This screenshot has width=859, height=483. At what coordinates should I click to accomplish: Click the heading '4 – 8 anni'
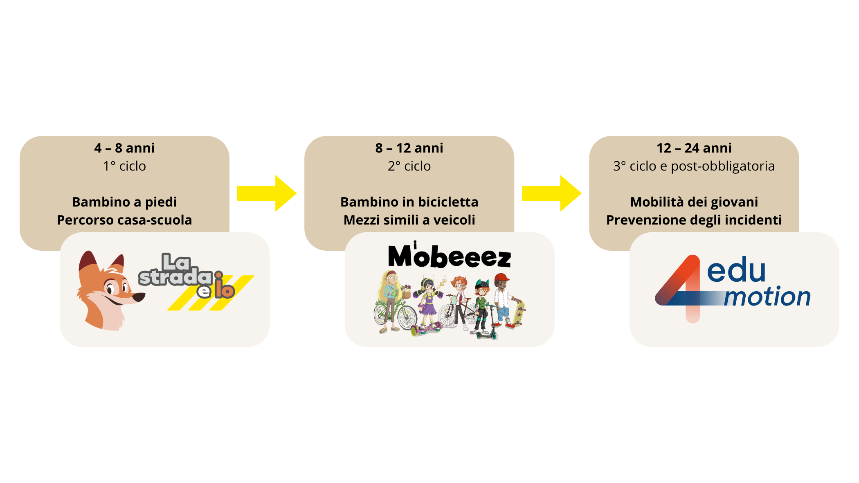pyautogui.click(x=124, y=148)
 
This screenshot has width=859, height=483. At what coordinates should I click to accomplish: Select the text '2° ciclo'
pyautogui.click(x=409, y=166)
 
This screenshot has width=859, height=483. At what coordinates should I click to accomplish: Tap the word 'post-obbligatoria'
pyautogui.click(x=723, y=166)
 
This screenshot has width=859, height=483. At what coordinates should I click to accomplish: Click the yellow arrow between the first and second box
pyautogui.click(x=266, y=193)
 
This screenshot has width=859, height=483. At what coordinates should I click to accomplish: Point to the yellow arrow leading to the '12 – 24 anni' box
pyautogui.click(x=551, y=193)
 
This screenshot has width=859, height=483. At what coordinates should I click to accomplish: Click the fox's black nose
pyautogui.click(x=140, y=297)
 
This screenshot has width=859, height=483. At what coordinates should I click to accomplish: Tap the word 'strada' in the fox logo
pyautogui.click(x=175, y=277)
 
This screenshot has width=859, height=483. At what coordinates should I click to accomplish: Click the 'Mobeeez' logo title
pyautogui.click(x=449, y=256)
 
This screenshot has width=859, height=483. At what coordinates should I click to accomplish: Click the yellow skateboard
pyautogui.click(x=519, y=312)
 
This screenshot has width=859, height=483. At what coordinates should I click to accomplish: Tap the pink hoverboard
pyautogui.click(x=427, y=328)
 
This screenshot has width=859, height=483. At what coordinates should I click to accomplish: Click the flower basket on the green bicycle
pyautogui.click(x=406, y=292)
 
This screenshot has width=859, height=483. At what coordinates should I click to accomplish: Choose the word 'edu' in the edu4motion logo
pyautogui.click(x=736, y=270)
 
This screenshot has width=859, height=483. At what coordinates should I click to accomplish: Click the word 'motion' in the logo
pyautogui.click(x=767, y=297)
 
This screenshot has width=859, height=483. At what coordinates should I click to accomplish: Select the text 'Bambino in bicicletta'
pyautogui.click(x=409, y=202)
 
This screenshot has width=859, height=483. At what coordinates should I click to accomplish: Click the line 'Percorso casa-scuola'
pyautogui.click(x=124, y=220)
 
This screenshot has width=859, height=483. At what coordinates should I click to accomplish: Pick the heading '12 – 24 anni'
pyautogui.click(x=694, y=148)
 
